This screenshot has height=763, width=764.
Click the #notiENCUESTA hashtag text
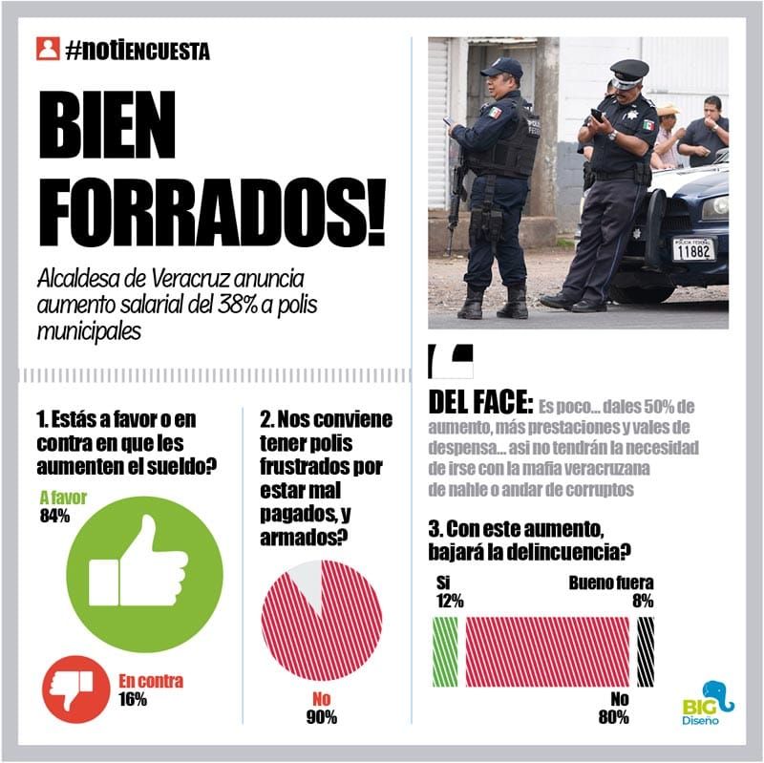coord(138,50)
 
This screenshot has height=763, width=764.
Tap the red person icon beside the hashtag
coord(48,49)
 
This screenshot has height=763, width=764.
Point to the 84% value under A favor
coord(55,517)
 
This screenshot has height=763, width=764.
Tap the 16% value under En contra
coord(132,699)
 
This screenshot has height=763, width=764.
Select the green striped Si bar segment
coord(445,651)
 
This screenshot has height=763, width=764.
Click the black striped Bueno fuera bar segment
coord(646,651)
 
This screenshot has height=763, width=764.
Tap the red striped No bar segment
coord(545,651)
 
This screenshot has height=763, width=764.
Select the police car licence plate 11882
coord(692,249)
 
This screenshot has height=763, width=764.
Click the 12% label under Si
coord(449,601)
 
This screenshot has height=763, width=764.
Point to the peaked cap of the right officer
coord(628,72)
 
